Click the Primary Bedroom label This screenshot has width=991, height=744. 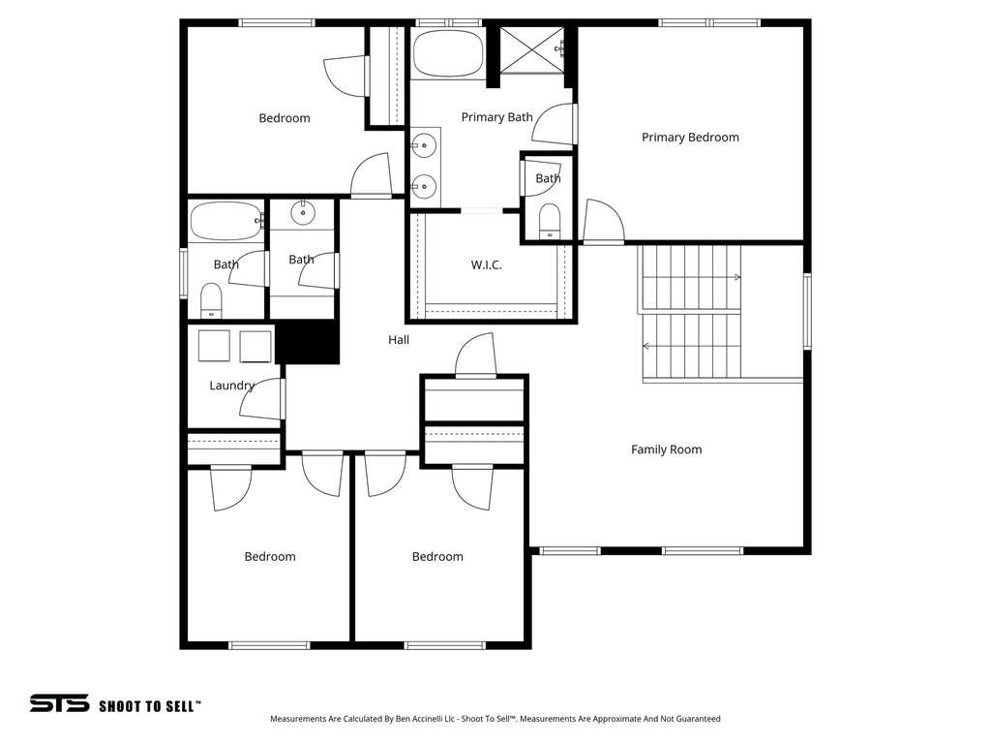click(x=690, y=138)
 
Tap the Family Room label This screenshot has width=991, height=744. click(x=666, y=449)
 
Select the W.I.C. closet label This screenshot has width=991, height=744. click(x=486, y=265)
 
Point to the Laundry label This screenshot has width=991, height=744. click(x=231, y=386)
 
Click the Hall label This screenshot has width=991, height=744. click(x=399, y=340)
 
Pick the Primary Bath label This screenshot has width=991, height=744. click(x=496, y=117)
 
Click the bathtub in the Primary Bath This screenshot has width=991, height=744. click(x=448, y=54)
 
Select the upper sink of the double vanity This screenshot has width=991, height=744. click(x=422, y=146)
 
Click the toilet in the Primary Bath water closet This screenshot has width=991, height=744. click(x=549, y=220)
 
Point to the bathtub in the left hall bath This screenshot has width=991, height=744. click(x=226, y=221)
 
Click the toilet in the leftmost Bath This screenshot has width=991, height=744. click(x=211, y=300)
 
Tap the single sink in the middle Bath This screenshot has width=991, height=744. click(x=303, y=212)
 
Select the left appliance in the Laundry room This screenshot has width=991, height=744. click(x=214, y=346)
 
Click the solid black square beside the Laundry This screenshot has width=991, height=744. click(x=309, y=343)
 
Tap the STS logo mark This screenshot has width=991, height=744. click(x=59, y=703)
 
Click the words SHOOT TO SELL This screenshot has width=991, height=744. click(x=150, y=706)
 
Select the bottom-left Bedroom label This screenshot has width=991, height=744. click(x=270, y=557)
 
